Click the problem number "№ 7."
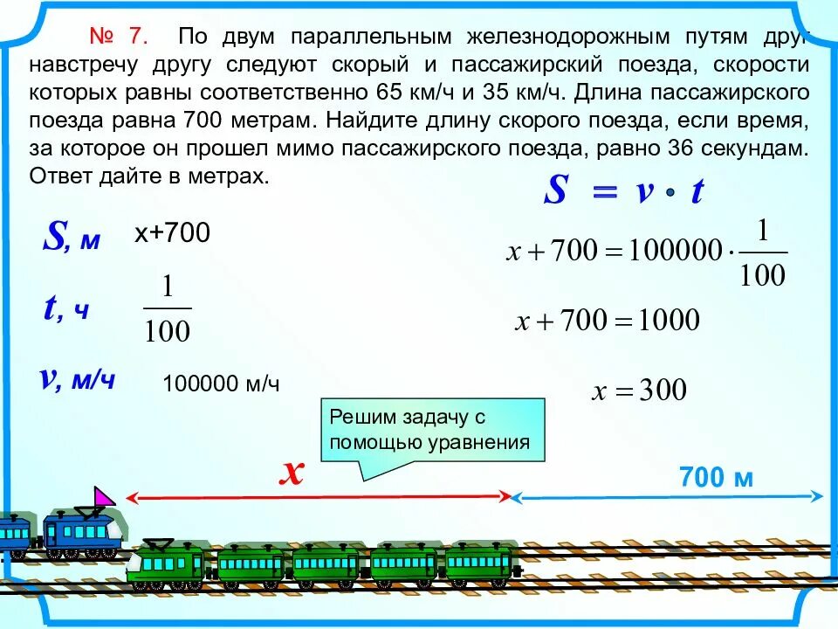[120, 38]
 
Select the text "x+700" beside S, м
[172, 233]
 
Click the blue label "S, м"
[72, 238]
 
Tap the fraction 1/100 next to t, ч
[167, 309]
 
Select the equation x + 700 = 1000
[608, 321]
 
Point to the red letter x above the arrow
[292, 473]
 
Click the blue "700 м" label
[716, 477]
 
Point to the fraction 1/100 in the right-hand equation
[761, 253]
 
